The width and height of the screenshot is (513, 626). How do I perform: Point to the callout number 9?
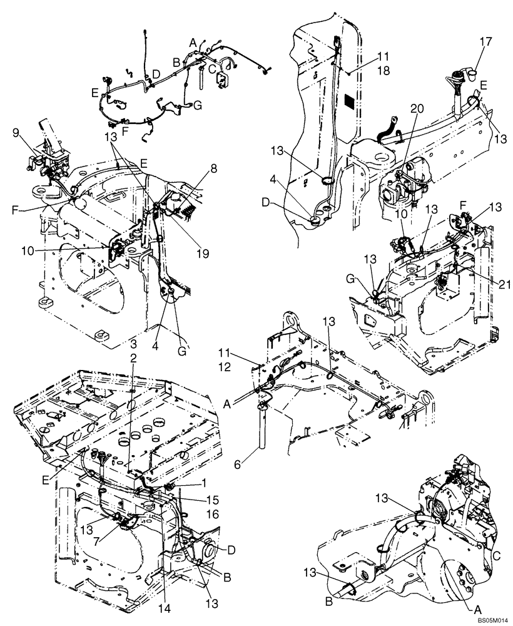coord(16,132)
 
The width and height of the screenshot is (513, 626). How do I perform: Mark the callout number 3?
coord(133,344)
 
